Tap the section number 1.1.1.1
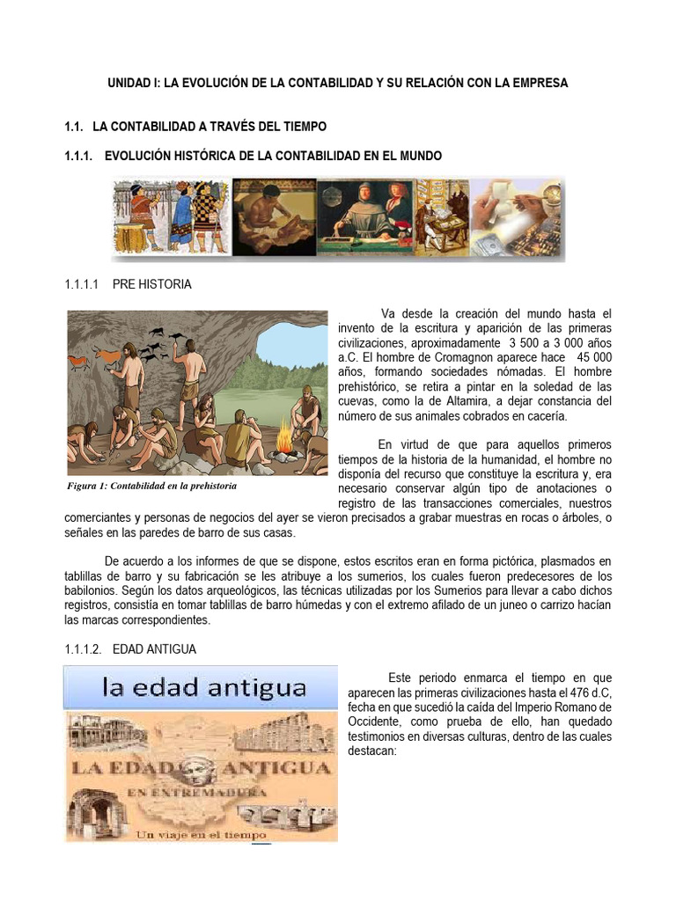tap(84, 285)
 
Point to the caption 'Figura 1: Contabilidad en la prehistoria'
tap(152, 486)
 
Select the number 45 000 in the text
tap(593, 357)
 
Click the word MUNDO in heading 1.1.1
tap(416, 156)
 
